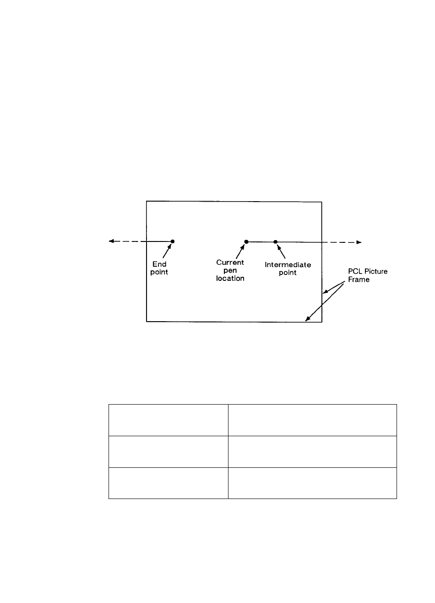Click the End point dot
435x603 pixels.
[173, 241]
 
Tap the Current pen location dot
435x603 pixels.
[246, 241]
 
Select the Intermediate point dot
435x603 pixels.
[276, 241]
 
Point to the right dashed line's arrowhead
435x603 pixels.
[359, 242]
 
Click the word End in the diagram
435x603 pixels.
[160, 264]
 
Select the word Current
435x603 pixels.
[230, 263]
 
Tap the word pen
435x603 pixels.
[230, 270]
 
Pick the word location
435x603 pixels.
[230, 278]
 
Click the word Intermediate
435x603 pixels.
[288, 265]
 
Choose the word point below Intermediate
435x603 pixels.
[288, 273]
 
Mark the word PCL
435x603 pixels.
[353, 272]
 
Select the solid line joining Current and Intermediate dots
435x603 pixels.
[261, 241]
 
